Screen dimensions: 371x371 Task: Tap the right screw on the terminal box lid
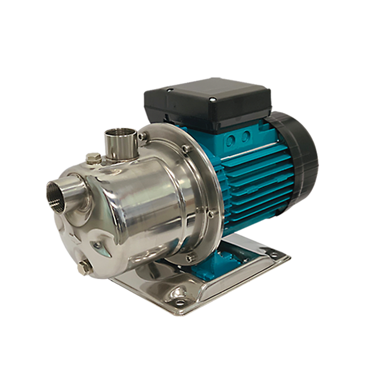pos(212,99)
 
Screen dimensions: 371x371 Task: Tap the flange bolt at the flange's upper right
pos(185,148)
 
